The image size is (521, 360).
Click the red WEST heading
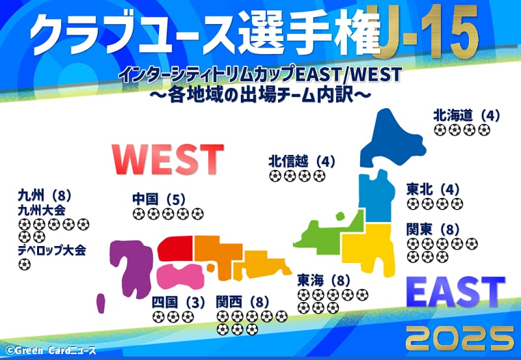point(168,159)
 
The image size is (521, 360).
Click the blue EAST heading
point(455,292)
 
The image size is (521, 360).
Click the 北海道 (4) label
point(466,116)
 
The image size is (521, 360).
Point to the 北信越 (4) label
point(302,161)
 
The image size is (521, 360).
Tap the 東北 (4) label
point(433,189)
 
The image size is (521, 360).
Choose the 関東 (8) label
point(433,230)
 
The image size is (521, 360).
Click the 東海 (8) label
point(324,281)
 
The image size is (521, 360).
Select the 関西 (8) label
point(242,302)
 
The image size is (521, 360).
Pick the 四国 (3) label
point(178,303)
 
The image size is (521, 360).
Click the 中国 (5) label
point(159,199)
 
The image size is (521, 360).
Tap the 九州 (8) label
point(44,195)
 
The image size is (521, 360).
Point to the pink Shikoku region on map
point(180,277)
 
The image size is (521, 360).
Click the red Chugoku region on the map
point(175,249)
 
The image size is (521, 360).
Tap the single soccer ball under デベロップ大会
point(24,265)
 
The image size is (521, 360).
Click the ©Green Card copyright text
point(51,350)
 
